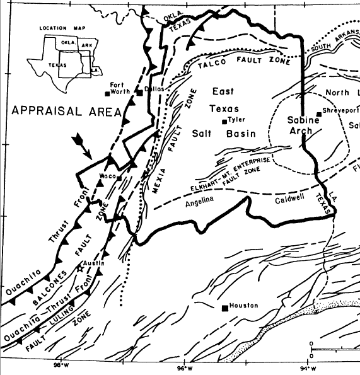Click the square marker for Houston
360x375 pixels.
tap(224, 308)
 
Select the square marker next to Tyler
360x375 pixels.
tap(224, 122)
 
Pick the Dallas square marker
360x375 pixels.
tap(139, 92)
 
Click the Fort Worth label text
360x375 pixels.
tap(120, 88)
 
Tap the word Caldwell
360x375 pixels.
tap(290, 201)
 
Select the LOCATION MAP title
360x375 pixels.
tap(59, 28)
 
